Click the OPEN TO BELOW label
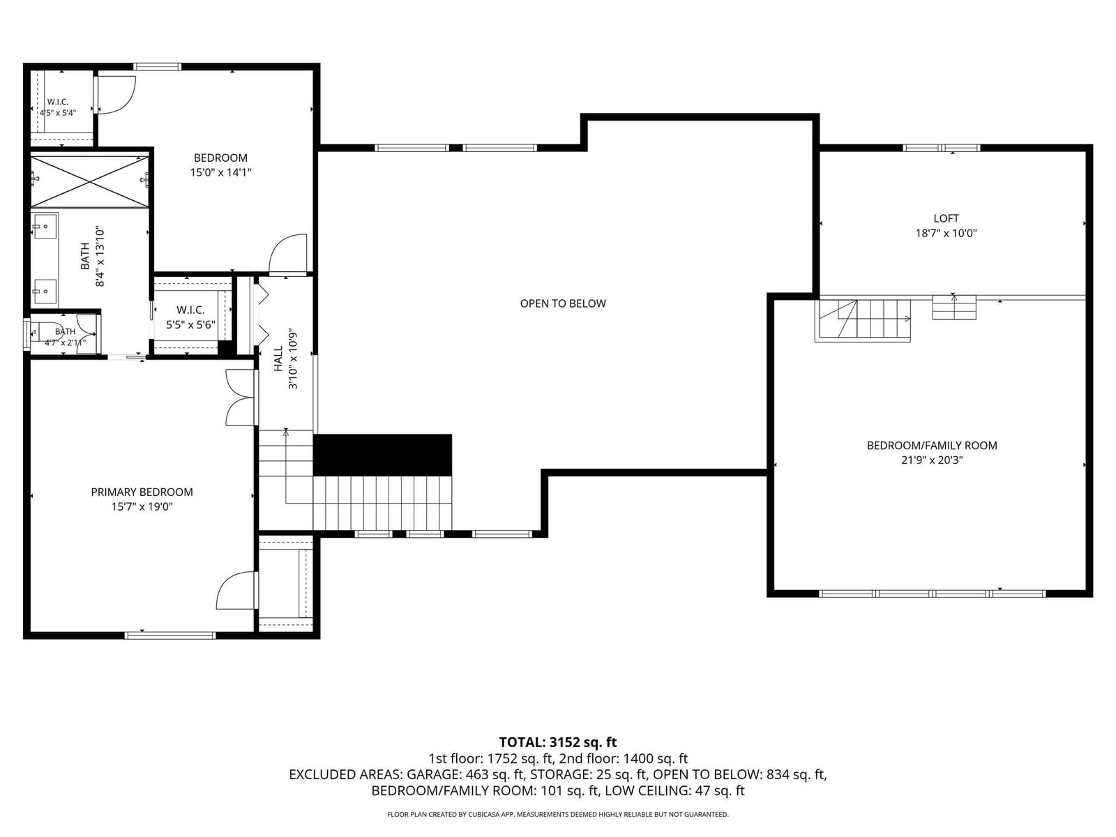563,303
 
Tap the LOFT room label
947,218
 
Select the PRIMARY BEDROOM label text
142,492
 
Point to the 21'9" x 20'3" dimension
932,460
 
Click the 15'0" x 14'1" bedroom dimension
220,172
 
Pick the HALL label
278,359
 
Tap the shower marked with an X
90,181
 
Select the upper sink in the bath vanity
45,226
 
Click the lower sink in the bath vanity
45,292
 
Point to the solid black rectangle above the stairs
382,455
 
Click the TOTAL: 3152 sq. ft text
558,742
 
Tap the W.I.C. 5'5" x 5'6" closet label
190,317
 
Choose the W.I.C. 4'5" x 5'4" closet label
58,107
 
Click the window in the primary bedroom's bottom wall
170,635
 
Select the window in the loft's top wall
942,148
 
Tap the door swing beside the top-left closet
116,95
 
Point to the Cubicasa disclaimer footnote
558,815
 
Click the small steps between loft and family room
954,307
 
